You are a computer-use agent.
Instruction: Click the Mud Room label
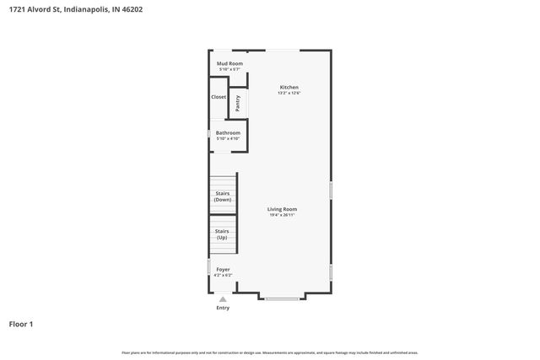click(x=229, y=63)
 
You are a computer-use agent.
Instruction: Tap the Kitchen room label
click(x=289, y=87)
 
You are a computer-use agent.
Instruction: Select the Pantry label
click(x=238, y=102)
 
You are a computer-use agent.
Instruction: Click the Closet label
click(x=219, y=97)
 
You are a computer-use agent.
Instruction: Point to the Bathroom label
click(x=228, y=132)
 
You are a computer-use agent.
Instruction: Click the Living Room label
click(x=282, y=209)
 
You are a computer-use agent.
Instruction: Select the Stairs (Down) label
click(x=223, y=196)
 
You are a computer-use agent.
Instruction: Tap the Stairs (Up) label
click(x=222, y=234)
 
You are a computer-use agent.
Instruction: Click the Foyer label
click(x=223, y=270)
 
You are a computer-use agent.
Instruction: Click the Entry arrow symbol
click(x=223, y=298)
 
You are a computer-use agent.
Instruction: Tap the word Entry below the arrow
click(x=223, y=308)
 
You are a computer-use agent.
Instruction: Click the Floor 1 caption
click(x=21, y=324)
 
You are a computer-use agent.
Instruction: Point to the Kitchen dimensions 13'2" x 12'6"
click(x=289, y=93)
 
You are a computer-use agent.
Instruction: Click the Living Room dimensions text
click(x=282, y=215)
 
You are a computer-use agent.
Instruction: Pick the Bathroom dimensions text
click(x=228, y=138)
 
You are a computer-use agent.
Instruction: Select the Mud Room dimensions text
click(x=229, y=69)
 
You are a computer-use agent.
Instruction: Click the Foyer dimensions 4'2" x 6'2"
click(x=223, y=276)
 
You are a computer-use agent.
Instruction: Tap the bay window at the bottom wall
click(x=282, y=298)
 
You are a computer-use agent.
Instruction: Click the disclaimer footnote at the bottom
click(x=270, y=352)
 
